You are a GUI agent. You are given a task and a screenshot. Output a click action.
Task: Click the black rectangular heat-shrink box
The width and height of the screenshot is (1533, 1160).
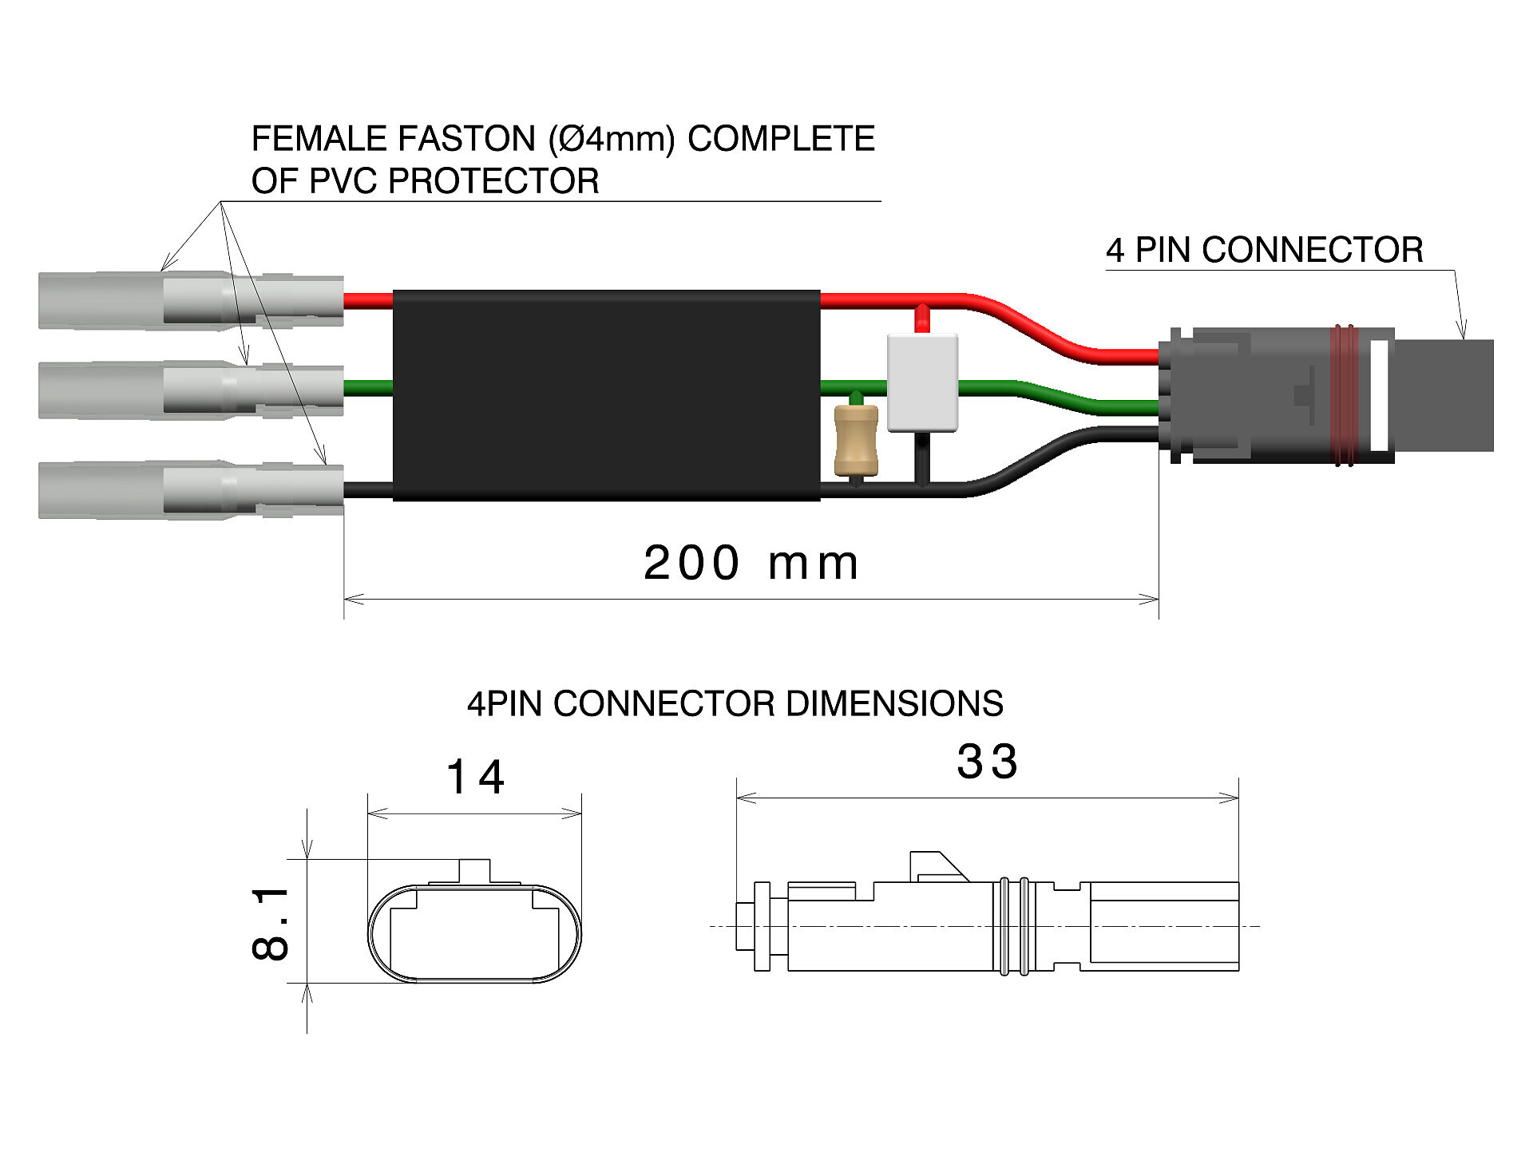coord(606,395)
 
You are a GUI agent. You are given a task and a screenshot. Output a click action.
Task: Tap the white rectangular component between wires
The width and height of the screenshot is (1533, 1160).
coord(922,383)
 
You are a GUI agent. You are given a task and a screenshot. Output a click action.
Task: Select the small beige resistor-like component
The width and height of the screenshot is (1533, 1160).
coord(856,440)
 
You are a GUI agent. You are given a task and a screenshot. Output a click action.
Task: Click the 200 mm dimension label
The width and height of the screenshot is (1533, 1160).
coord(751,563)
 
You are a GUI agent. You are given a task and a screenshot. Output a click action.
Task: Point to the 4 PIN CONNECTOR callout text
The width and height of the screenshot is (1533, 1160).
coord(1264,250)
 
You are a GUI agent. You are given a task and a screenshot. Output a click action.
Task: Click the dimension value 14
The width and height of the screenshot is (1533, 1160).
coord(475,777)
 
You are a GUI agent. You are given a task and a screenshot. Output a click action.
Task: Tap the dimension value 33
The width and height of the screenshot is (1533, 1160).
coord(988,762)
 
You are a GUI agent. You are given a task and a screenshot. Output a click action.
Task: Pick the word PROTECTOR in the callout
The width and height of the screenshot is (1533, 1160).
coord(493,181)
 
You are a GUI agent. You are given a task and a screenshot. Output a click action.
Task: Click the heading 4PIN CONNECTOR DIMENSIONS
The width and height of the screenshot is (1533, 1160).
coord(735,704)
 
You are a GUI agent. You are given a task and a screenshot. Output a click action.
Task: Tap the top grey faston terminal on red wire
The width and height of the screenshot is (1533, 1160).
coord(191,300)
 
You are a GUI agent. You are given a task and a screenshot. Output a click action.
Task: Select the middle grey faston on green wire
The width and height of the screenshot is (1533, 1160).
coord(191,390)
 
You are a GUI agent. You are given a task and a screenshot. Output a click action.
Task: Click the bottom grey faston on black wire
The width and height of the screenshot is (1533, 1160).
coord(191,489)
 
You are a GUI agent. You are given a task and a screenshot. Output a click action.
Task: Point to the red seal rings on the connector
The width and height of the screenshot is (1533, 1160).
coord(1343,395)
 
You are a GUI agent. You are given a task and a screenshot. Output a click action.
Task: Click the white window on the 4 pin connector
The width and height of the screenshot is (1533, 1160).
coord(1379,395)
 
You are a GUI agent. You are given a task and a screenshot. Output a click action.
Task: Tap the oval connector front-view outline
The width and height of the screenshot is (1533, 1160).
coord(474,933)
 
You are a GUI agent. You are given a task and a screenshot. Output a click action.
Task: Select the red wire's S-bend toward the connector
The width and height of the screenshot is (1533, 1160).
coord(1038,327)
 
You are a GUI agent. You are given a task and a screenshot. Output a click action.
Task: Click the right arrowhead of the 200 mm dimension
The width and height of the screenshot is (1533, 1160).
coord(1150,599)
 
